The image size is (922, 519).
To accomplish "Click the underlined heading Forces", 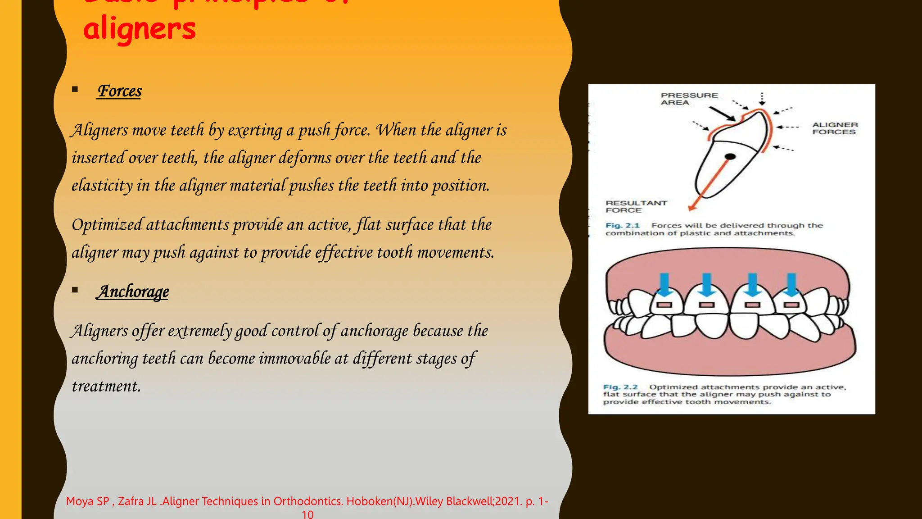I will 120,91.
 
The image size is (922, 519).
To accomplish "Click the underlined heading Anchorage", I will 133,292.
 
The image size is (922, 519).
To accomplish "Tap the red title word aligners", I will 140,28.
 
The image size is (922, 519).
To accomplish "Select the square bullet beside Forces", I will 75,89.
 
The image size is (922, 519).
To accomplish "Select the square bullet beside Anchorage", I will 75,290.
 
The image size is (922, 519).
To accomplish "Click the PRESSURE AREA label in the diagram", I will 689,99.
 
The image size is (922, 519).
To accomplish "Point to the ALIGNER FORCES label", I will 835,128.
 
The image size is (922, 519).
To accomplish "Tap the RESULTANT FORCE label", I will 636,207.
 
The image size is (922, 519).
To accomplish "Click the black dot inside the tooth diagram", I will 730,157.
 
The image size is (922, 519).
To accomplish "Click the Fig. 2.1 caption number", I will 622,226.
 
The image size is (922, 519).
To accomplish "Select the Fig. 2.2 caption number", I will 620,387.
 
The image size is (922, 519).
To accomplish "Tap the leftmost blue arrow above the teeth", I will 664,284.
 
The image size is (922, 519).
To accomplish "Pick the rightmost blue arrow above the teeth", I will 791,284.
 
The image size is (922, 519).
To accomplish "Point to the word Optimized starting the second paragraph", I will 107,225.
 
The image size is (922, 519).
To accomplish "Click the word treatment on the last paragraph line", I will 106,387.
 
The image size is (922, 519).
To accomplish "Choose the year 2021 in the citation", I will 507,501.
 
